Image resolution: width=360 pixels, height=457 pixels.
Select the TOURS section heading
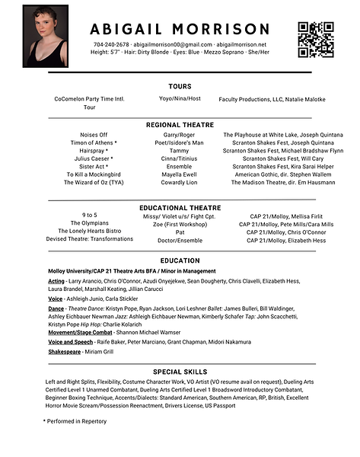(180, 87)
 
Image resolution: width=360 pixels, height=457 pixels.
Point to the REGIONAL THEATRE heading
(180, 124)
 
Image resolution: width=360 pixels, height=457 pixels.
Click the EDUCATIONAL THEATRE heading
(180, 207)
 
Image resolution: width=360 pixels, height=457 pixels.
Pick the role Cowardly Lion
(179, 184)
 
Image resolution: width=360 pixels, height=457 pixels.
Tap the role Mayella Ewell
(179, 174)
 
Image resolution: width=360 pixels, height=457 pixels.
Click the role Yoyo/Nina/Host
(180, 99)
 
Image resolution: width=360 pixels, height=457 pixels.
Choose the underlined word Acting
(56, 281)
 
